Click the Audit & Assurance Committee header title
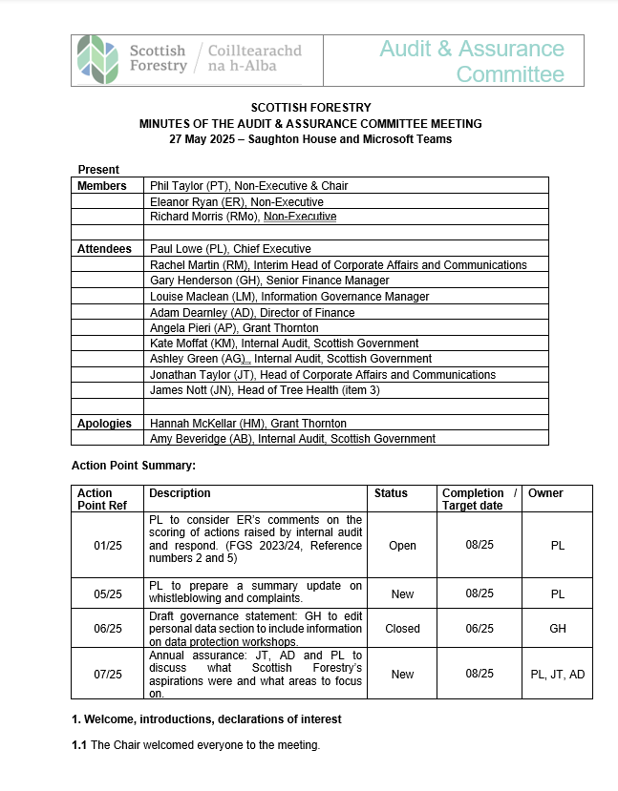(472, 61)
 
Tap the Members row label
(101, 186)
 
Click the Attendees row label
(104, 249)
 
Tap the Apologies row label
(105, 423)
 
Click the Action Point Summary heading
(133, 466)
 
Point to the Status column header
(391, 493)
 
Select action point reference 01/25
(108, 546)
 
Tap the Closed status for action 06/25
(402, 629)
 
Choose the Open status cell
(402, 546)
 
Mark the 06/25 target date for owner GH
(479, 629)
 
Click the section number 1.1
(79, 745)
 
